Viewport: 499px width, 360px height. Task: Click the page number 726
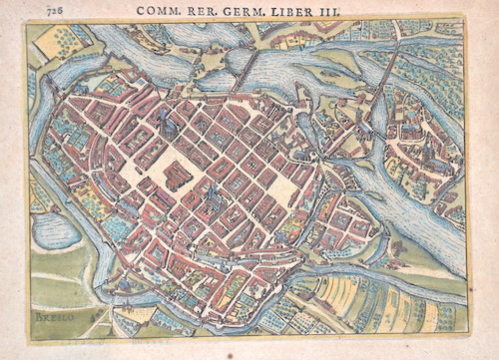39,9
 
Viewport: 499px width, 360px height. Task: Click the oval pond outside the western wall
55,231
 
